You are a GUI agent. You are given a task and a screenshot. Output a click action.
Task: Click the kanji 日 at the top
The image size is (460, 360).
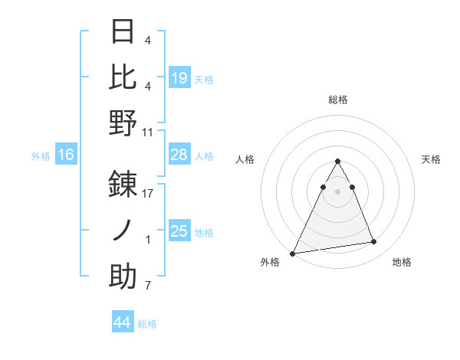[x=123, y=31]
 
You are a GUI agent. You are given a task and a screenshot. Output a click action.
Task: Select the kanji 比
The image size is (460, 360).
[x=123, y=77]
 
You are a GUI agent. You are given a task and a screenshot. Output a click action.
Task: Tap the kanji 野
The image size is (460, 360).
[x=123, y=123]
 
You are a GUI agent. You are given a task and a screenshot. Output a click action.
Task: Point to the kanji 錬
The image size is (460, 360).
[x=123, y=184]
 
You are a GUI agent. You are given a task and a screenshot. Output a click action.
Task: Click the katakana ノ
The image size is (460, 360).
[x=123, y=231]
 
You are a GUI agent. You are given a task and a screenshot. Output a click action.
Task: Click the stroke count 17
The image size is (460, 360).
[x=148, y=194]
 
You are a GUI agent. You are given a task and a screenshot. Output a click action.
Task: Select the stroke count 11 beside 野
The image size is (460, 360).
[x=148, y=132]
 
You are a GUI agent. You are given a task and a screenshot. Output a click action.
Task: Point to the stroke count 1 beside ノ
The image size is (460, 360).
[x=148, y=240]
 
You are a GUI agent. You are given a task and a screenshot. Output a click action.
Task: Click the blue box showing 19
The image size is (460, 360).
[x=179, y=77]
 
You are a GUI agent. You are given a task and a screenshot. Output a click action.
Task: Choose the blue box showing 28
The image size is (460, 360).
[x=179, y=155]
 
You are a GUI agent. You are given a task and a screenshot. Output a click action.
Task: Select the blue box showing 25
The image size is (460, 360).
[x=179, y=231]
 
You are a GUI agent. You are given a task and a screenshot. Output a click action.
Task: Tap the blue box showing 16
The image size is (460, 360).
[x=66, y=155]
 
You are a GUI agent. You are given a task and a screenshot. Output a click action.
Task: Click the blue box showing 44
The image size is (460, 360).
[x=122, y=322]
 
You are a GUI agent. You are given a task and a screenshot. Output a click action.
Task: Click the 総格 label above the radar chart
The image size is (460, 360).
[x=338, y=100]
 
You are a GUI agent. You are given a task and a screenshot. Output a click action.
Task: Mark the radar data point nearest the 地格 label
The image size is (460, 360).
[x=374, y=242]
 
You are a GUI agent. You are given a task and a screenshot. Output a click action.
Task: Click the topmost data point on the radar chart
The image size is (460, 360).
[x=337, y=162]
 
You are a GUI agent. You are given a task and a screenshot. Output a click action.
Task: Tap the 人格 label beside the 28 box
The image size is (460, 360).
[x=204, y=155]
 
